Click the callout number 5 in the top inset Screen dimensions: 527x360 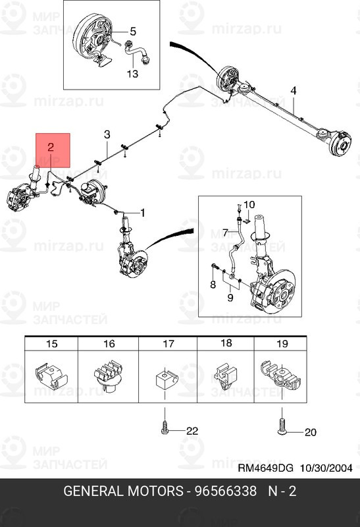click(132, 31)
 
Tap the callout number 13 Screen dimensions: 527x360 click(132, 74)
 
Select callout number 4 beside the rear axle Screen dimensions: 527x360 click(294, 90)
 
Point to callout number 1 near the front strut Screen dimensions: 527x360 click(143, 213)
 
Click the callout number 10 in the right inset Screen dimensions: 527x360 click(249, 205)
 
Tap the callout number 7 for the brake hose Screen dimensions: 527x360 click(225, 233)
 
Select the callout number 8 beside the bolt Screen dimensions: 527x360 click(213, 284)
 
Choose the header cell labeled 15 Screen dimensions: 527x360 click(51, 343)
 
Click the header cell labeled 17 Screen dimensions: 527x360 click(168, 343)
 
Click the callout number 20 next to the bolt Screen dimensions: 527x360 click(309, 433)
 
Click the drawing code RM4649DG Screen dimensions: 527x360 click(265, 468)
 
